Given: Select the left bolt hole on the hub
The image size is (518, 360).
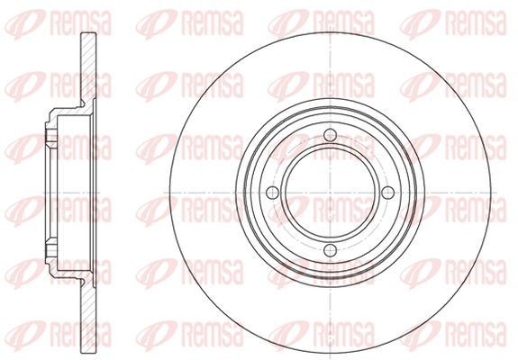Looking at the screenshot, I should tap(272, 193).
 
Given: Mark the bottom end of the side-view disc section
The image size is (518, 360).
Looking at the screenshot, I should tap(88, 351).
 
